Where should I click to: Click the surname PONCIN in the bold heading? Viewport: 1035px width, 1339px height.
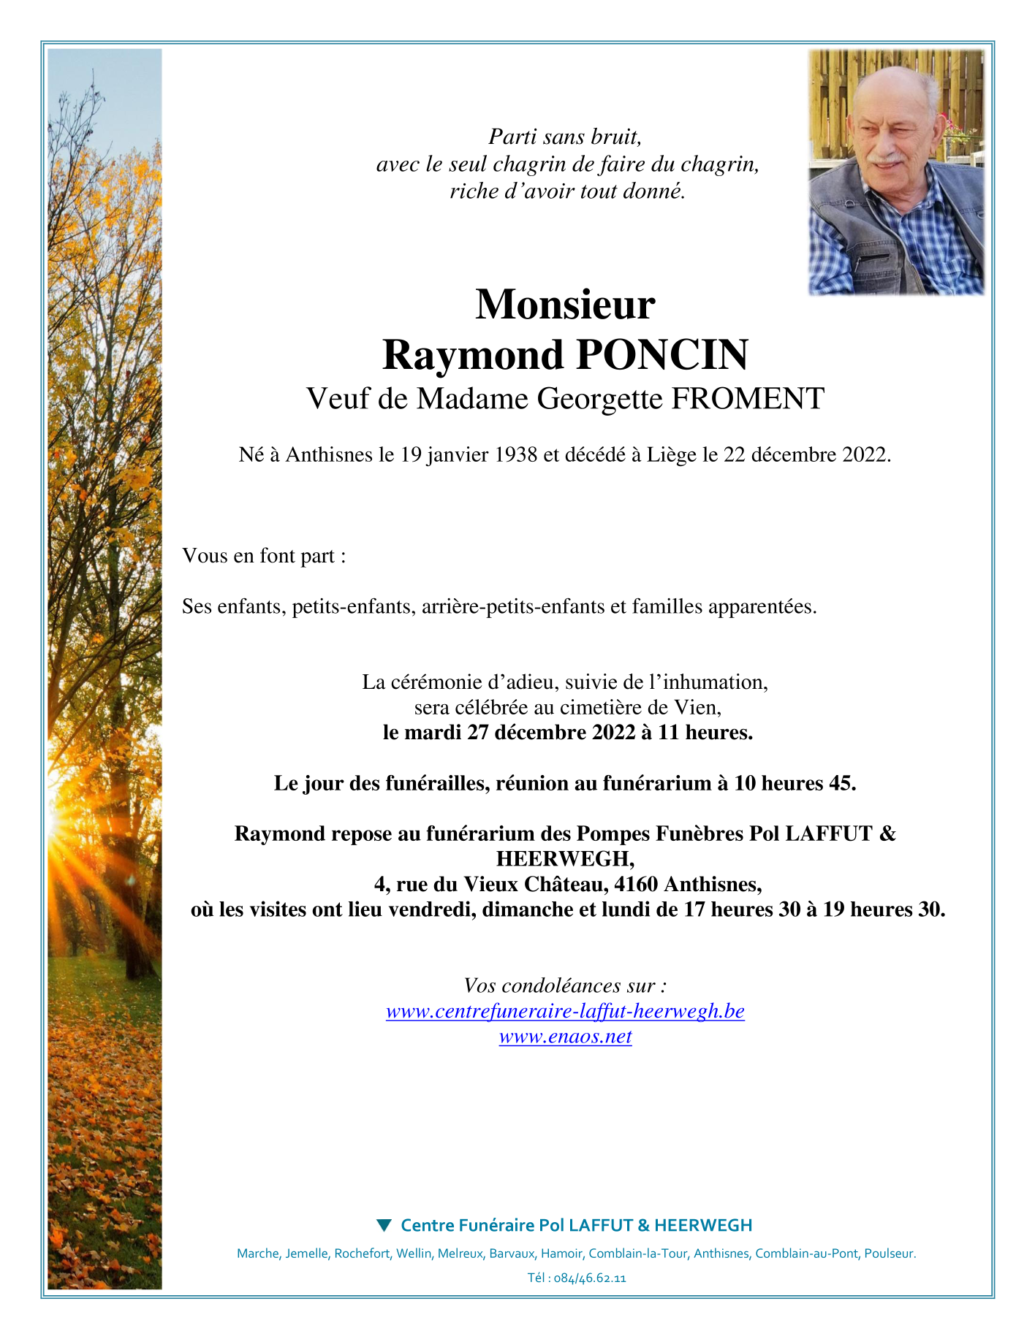coord(662,355)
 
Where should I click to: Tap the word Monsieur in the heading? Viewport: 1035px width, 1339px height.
coord(565,305)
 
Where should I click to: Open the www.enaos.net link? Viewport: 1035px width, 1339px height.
coord(565,1036)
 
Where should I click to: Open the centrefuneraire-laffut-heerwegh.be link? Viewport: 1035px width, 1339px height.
coord(565,1011)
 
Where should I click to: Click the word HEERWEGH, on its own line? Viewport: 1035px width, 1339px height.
coord(565,858)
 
